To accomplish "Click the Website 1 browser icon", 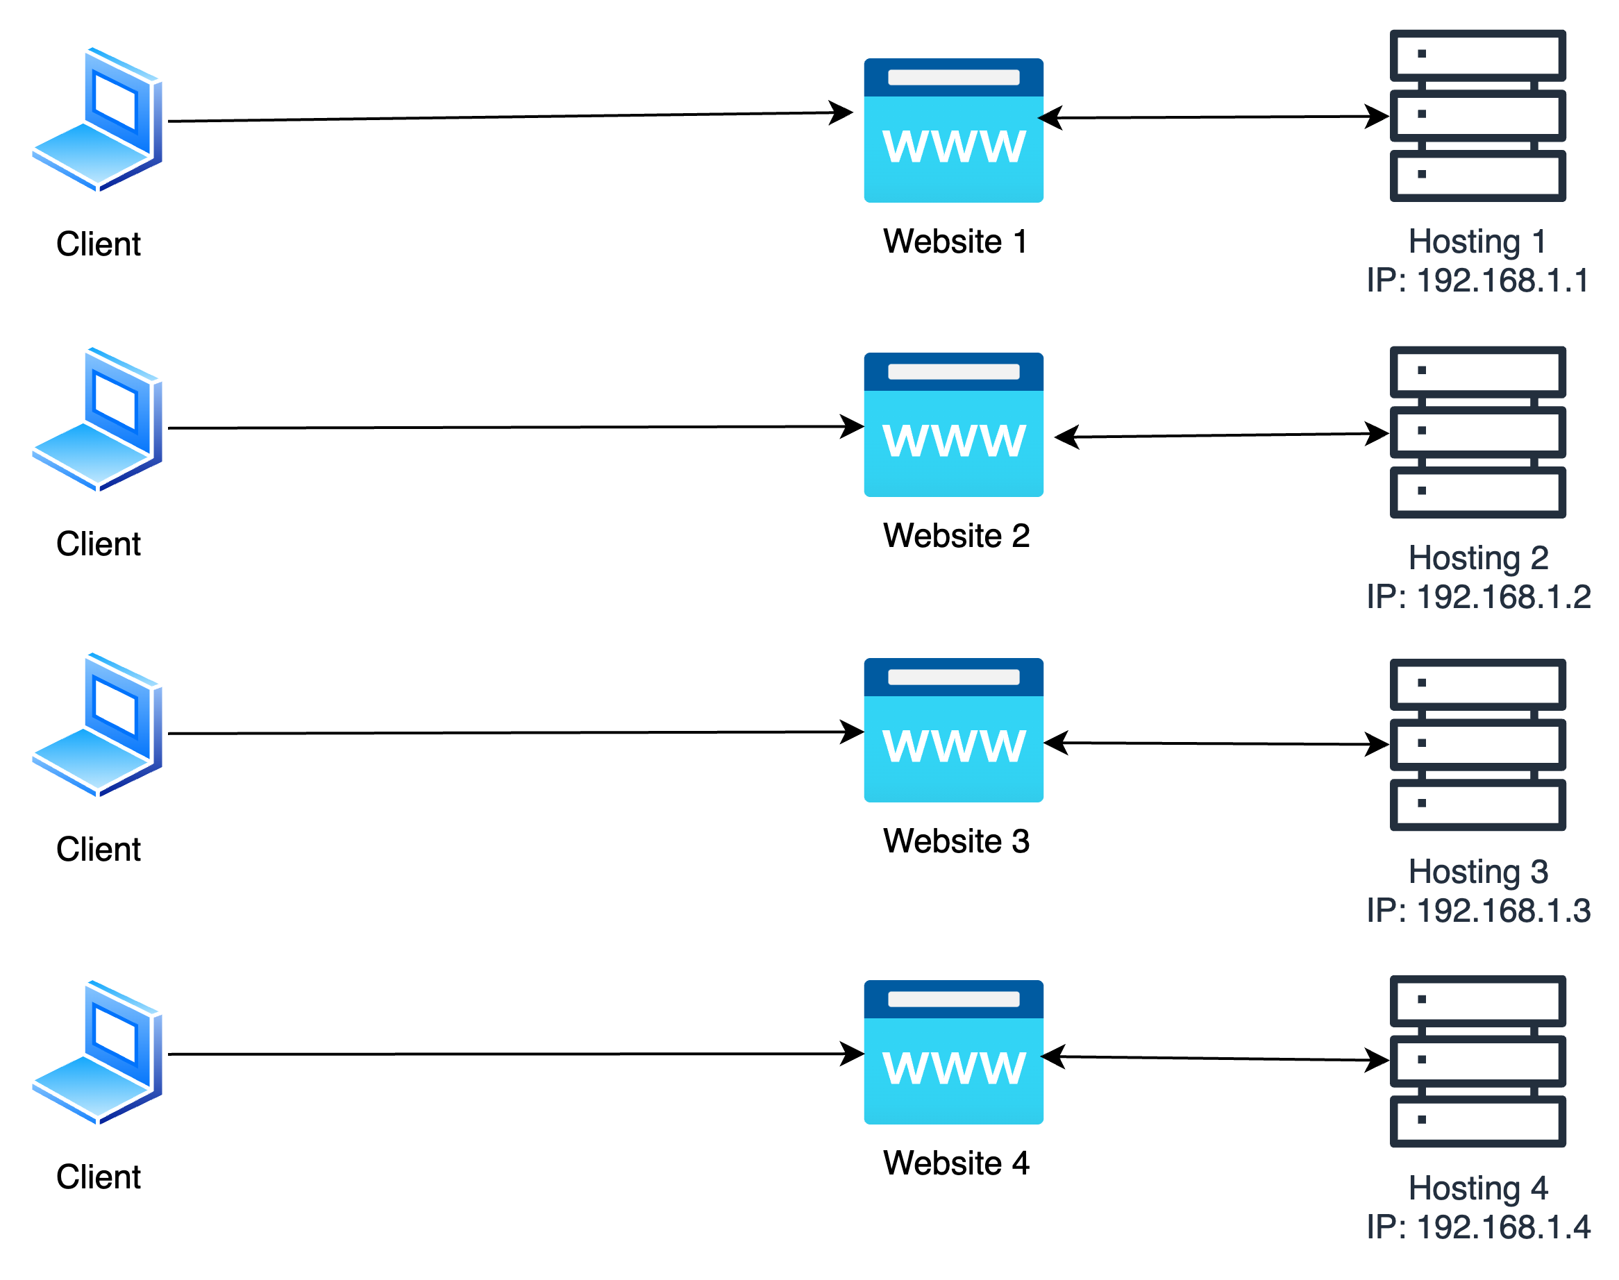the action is (x=953, y=130).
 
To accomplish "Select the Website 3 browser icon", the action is (x=953, y=730).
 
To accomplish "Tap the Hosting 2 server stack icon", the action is (x=1477, y=432).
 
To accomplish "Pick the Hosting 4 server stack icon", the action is (x=1477, y=1061).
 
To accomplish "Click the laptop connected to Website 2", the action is (x=97, y=420).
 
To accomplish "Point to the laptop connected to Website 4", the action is (x=97, y=1052).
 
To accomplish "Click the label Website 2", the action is (x=957, y=536).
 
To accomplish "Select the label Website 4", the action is (x=957, y=1163).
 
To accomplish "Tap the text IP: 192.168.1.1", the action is (x=1477, y=280).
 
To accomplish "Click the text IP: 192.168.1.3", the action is (x=1478, y=911).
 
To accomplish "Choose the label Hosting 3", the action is (x=1478, y=872).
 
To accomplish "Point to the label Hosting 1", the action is (x=1477, y=242).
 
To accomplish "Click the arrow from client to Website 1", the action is (x=510, y=116).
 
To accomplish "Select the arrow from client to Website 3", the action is (x=516, y=732).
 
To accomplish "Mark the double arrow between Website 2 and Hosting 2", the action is (x=1222, y=435).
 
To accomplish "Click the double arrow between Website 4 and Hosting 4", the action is (x=1216, y=1058).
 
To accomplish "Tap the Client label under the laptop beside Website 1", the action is (x=98, y=244).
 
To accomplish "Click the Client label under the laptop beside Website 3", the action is (x=98, y=850).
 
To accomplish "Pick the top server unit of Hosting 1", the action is (x=1477, y=56).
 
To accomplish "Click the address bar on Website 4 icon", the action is (x=953, y=999).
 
